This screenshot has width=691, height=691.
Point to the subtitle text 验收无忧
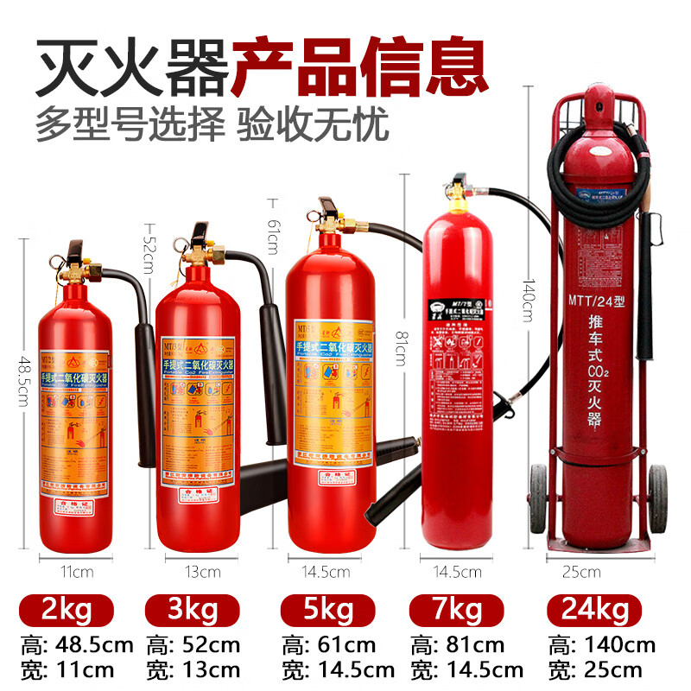coord(312,124)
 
